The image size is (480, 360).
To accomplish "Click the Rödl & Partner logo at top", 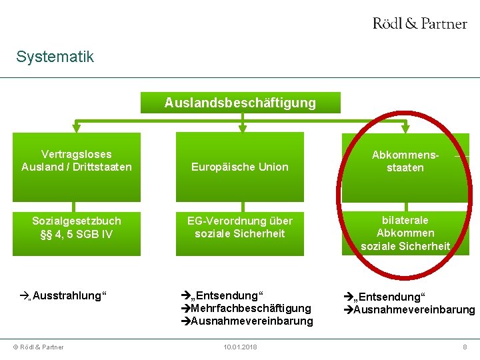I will click(x=419, y=23).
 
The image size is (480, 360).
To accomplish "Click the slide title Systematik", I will click(x=55, y=57).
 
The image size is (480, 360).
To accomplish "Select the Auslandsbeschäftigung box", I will click(x=240, y=103).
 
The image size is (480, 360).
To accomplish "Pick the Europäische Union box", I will click(x=240, y=167).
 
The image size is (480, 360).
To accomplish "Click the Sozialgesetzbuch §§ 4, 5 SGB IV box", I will click(x=77, y=227).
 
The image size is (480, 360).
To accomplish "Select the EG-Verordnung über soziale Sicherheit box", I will click(x=240, y=227).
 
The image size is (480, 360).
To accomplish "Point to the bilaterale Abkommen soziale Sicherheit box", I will click(x=405, y=233).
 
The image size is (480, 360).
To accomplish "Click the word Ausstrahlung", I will click(x=69, y=295).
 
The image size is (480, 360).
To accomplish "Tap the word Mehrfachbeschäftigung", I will click(x=251, y=308).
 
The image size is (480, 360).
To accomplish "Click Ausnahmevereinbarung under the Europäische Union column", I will click(x=251, y=321).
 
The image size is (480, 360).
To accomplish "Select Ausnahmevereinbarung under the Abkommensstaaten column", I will click(x=413, y=309).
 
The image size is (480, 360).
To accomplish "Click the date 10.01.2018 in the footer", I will click(x=239, y=347).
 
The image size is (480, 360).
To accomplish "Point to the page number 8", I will click(x=465, y=347).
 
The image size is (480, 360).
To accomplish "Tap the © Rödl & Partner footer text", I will click(x=37, y=347).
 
